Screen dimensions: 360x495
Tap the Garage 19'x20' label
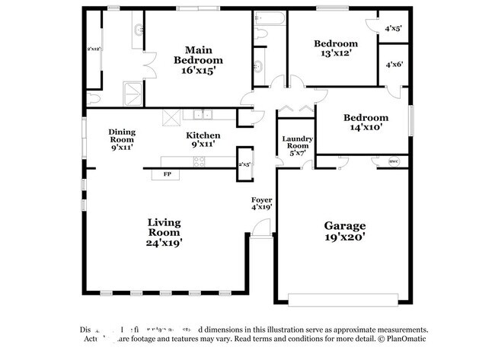[345, 231]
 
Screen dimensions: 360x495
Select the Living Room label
[164, 232]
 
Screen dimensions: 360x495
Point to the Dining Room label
[121, 139]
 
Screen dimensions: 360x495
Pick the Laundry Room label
[295, 145]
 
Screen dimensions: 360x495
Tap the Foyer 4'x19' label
[262, 203]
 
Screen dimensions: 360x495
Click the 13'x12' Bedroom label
[336, 49]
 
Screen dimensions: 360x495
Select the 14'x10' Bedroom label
[365, 123]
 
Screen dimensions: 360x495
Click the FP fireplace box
[166, 175]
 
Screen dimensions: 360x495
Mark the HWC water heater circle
[394, 161]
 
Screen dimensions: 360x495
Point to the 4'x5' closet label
[393, 28]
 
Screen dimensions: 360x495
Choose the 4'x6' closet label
[393, 65]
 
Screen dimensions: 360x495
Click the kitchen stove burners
[200, 161]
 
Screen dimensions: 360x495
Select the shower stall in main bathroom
[133, 93]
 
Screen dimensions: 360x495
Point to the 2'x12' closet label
[94, 49]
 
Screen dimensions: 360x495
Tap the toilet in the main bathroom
[93, 97]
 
